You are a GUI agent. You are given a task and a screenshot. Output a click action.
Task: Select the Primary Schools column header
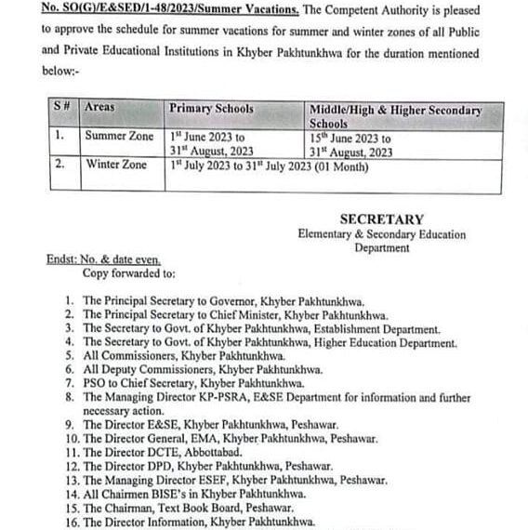[211, 109]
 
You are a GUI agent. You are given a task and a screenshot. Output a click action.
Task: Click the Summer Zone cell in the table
[119, 136]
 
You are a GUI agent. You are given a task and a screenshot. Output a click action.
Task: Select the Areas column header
[99, 108]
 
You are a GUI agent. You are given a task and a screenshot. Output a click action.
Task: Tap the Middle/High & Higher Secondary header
[395, 110]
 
